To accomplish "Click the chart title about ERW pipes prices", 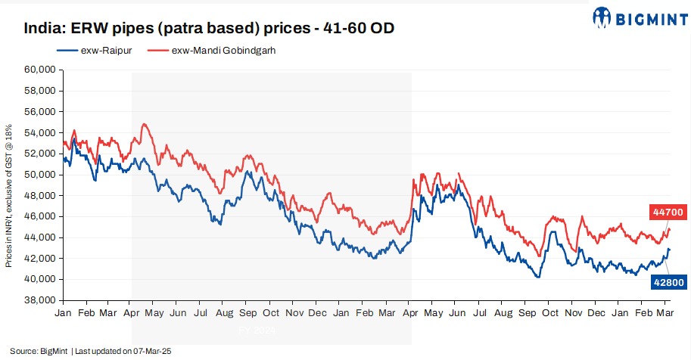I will [x=209, y=29].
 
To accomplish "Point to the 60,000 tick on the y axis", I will [x=40, y=69].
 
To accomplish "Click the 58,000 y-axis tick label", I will [x=40, y=90].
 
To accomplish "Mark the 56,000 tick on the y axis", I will [x=40, y=111].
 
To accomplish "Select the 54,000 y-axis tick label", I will [x=40, y=132].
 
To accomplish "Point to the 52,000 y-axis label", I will [x=40, y=154].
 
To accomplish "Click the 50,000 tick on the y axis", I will [x=40, y=174].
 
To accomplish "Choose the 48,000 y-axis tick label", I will [x=40, y=195].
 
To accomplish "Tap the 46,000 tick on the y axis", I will [x=40, y=216].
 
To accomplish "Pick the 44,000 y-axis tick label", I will [x=40, y=237].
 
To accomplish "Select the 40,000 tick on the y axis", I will [x=40, y=279].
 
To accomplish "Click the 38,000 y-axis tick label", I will [x=40, y=300].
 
